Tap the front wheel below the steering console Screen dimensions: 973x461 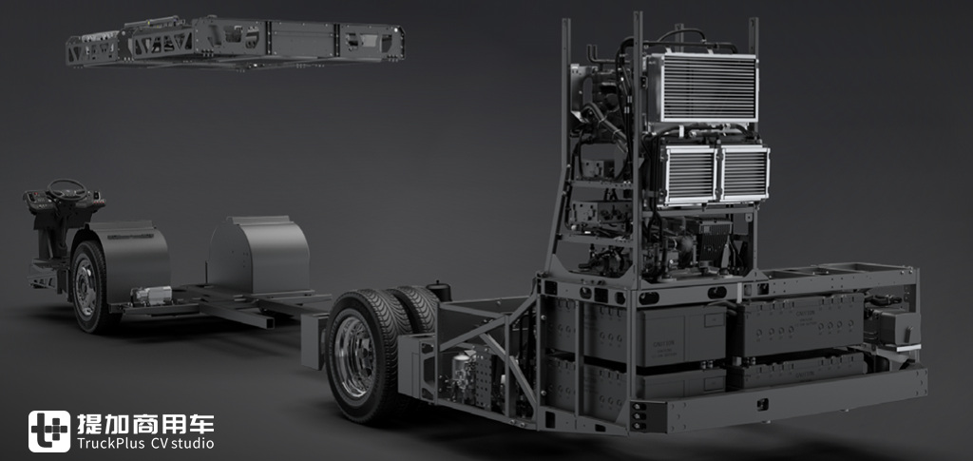86,286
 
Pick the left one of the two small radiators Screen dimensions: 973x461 689,173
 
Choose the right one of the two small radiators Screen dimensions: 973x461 744,172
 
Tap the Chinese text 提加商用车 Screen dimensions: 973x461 145,424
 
